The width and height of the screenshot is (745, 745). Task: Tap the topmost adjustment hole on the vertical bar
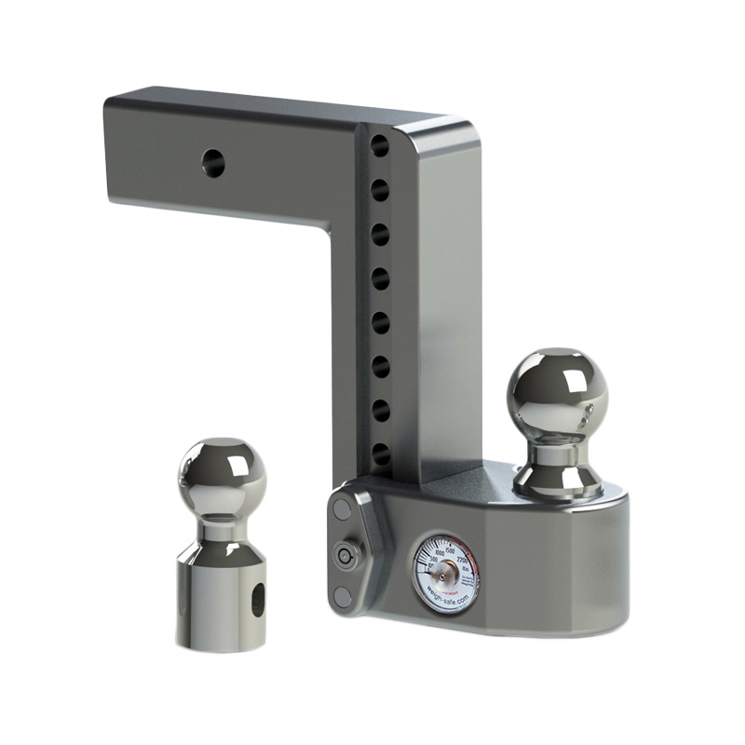point(380,145)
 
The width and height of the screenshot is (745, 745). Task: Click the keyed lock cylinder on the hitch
point(346,556)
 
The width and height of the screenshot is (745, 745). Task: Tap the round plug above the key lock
point(340,511)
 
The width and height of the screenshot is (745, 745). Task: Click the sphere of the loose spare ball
point(220,476)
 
